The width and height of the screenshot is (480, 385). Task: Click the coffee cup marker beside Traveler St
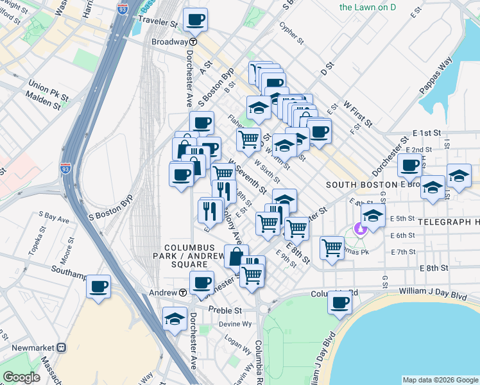pos(195,19)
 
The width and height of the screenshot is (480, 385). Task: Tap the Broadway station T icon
pos(193,42)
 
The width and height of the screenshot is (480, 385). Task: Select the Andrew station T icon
pos(183,293)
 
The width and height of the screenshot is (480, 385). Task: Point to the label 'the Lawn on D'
pos(367,8)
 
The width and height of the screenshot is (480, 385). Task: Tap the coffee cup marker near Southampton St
pos(98,287)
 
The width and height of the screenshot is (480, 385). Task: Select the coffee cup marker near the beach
pos(339,302)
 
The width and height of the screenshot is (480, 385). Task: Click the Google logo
pos(21,378)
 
